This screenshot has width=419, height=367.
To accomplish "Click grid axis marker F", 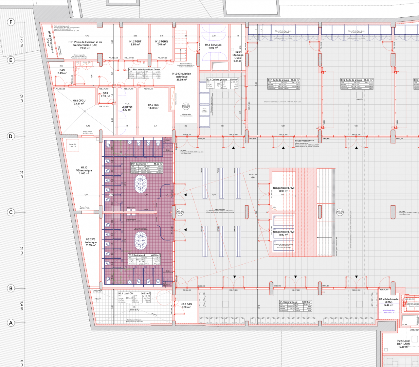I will (x=11, y=22).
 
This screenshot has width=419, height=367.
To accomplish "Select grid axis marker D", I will (x=11, y=136).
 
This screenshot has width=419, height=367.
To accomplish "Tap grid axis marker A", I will (x=11, y=323).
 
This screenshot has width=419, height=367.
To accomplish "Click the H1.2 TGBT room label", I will (x=135, y=43).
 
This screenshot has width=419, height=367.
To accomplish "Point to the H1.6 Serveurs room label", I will (x=213, y=46).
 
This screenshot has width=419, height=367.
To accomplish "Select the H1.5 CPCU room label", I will (x=79, y=102).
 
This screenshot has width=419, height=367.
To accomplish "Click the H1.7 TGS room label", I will (x=153, y=106).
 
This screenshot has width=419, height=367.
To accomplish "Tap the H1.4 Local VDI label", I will (x=127, y=107).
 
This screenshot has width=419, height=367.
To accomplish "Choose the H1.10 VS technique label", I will (x=84, y=170).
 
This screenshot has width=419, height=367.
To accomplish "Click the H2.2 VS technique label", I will (x=91, y=242).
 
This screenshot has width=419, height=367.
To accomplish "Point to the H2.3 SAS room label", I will (x=186, y=306).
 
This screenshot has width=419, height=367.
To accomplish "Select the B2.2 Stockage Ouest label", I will (x=238, y=56).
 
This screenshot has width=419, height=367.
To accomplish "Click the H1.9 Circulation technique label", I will (x=181, y=77).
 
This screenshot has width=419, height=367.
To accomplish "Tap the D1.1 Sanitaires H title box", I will (x=147, y=164).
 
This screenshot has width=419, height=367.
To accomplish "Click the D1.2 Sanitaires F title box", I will (x=144, y=255).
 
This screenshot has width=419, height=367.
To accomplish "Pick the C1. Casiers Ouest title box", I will (x=295, y=302).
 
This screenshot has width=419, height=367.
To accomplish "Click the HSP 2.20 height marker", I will (x=253, y=175).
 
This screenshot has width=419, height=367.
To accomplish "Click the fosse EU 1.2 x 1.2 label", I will (x=72, y=145).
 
